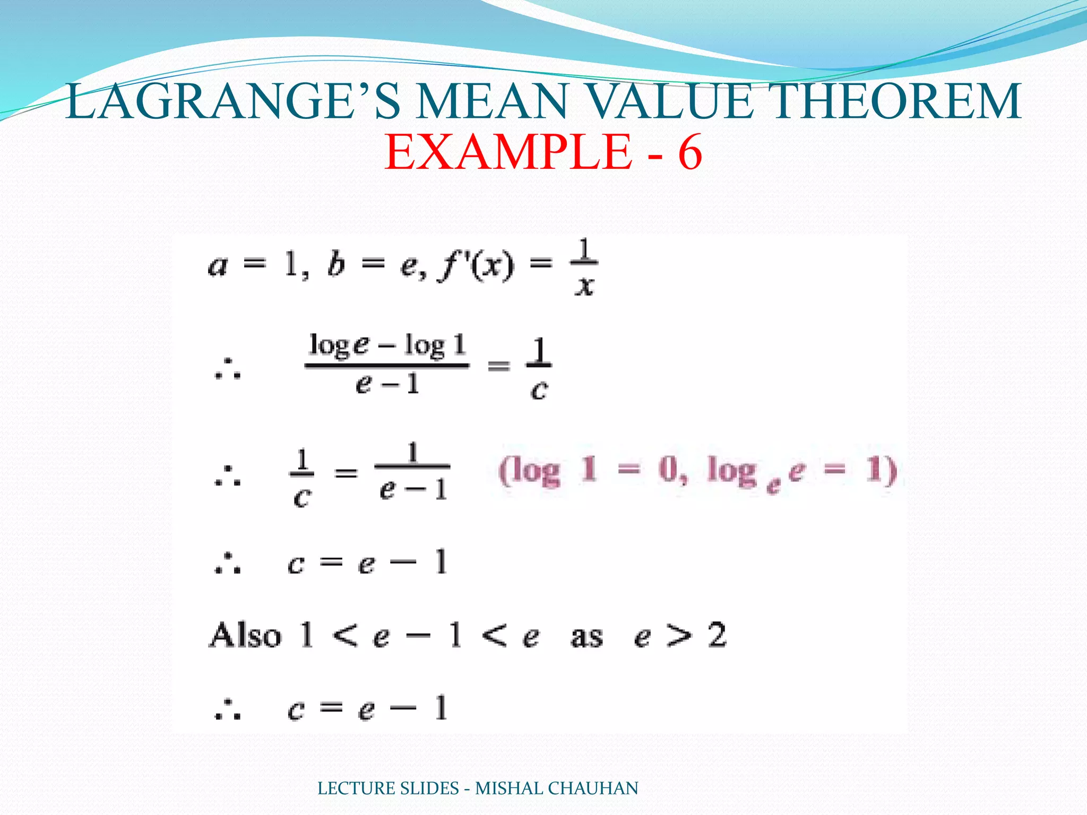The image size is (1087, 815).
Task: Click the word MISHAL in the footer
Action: click(509, 788)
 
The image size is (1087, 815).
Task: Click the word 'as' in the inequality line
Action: click(586, 637)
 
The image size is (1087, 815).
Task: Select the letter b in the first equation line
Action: click(336, 265)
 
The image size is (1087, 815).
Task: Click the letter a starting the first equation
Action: click(218, 266)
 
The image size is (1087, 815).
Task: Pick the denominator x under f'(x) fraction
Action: click(584, 287)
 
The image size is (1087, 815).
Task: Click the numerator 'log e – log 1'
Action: click(387, 346)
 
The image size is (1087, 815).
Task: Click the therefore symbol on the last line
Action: click(228, 710)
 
